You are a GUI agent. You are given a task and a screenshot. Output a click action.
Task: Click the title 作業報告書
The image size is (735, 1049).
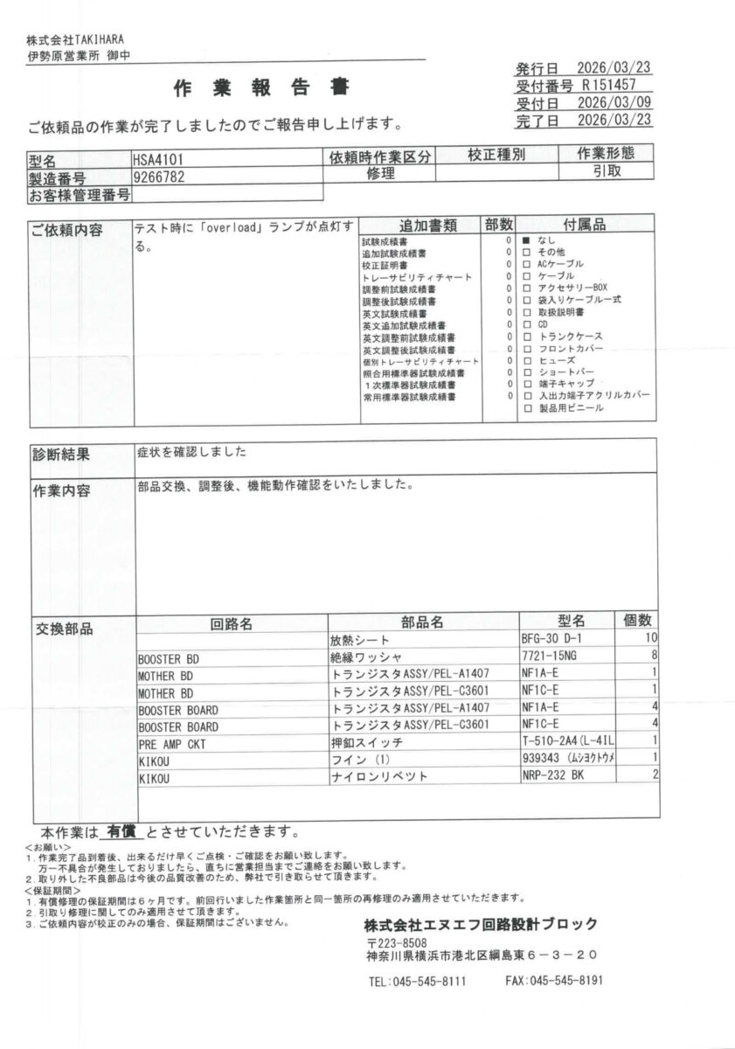(x=261, y=87)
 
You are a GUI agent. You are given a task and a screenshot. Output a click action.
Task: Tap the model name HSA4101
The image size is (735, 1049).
(x=157, y=161)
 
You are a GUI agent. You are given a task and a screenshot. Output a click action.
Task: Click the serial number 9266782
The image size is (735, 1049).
(x=158, y=177)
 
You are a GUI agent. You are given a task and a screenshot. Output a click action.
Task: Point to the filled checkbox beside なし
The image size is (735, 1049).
(x=527, y=240)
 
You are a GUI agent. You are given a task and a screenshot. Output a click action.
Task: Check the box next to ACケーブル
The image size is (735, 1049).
(x=527, y=263)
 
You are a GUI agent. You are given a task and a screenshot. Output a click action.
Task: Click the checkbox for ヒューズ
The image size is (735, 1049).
(x=527, y=360)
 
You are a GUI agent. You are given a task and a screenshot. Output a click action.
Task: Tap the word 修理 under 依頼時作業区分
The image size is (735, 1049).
(x=381, y=174)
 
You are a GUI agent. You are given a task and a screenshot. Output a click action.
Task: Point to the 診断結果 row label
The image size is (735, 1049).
(x=61, y=455)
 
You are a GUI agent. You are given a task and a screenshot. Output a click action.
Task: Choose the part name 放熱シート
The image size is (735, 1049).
(x=359, y=641)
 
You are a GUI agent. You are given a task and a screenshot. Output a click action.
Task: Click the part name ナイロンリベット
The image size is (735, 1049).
(x=378, y=776)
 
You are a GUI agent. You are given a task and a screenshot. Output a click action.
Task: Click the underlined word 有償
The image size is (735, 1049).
(x=121, y=830)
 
